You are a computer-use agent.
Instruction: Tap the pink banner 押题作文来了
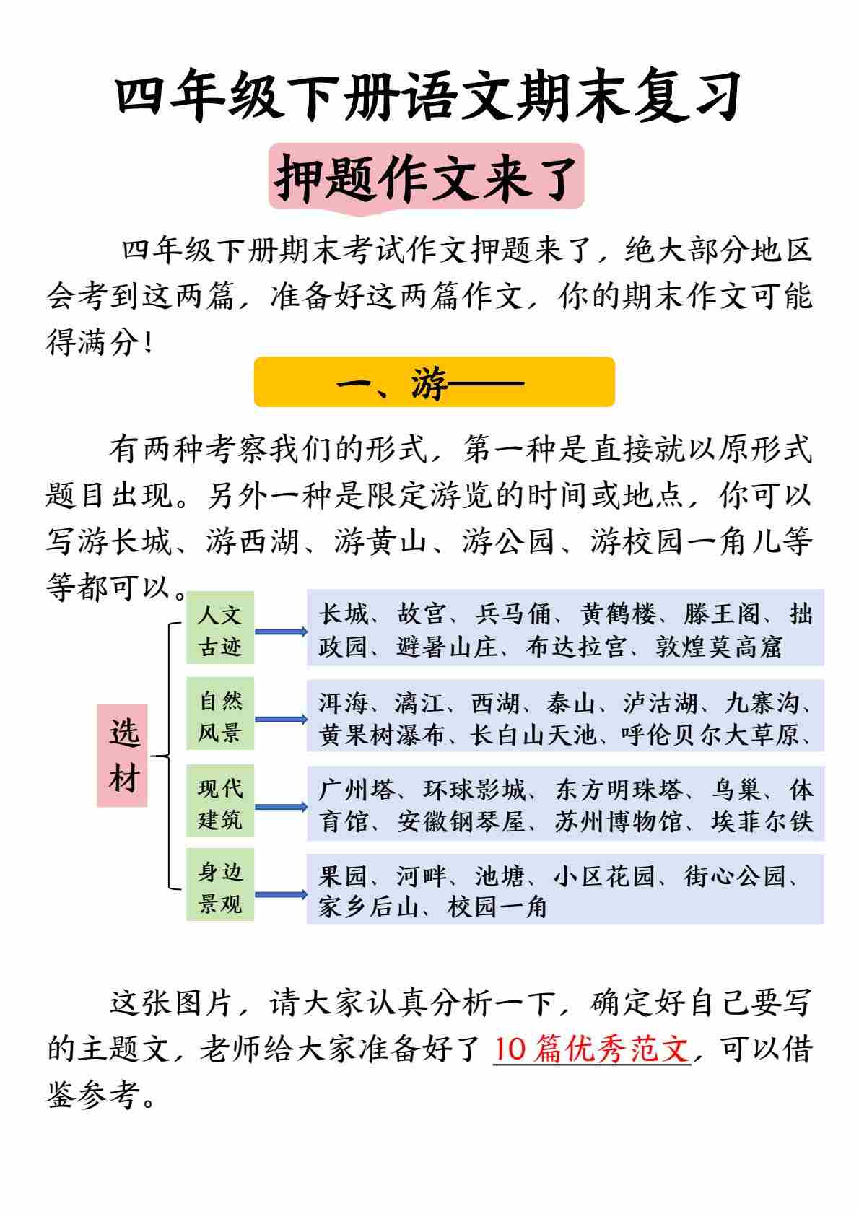[426, 177]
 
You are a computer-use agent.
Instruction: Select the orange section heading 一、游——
[434, 382]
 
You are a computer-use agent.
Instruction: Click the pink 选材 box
[123, 755]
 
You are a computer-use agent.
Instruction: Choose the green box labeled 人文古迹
[220, 629]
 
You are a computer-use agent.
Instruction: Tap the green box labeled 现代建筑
[220, 803]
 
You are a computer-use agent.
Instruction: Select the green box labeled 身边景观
[220, 887]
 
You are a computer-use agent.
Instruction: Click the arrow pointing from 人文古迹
[281, 632]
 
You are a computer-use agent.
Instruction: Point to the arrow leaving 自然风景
[281, 720]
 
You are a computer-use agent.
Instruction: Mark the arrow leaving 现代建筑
[281, 807]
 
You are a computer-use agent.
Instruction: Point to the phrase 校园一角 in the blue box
[497, 907]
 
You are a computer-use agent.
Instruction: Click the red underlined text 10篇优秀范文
[592, 1049]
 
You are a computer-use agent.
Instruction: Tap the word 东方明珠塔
[619, 790]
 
